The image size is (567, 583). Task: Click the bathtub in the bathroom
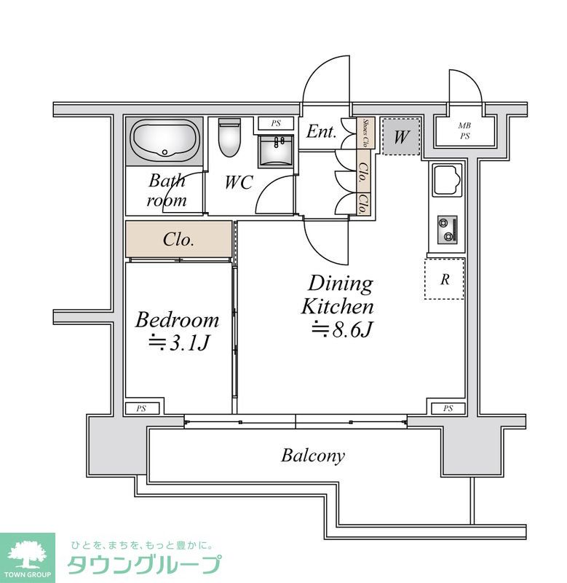click(164, 141)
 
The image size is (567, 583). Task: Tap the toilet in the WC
click(229, 138)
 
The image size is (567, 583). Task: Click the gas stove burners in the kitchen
click(447, 230)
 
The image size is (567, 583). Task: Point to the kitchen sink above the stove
click(448, 180)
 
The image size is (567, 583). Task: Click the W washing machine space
click(401, 136)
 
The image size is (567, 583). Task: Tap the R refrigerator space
click(445, 278)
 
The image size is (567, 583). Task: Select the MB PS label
click(465, 131)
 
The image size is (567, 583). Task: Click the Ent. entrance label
click(321, 131)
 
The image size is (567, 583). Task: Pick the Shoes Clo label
click(365, 133)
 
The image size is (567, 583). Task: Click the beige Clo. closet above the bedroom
click(178, 239)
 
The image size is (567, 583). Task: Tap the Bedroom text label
click(177, 320)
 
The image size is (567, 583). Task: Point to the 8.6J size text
click(341, 329)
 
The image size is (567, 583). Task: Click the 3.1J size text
click(179, 343)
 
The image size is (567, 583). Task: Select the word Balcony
click(313, 455)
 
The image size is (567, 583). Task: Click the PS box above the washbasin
click(276, 123)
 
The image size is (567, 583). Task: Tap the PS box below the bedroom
click(142, 409)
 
